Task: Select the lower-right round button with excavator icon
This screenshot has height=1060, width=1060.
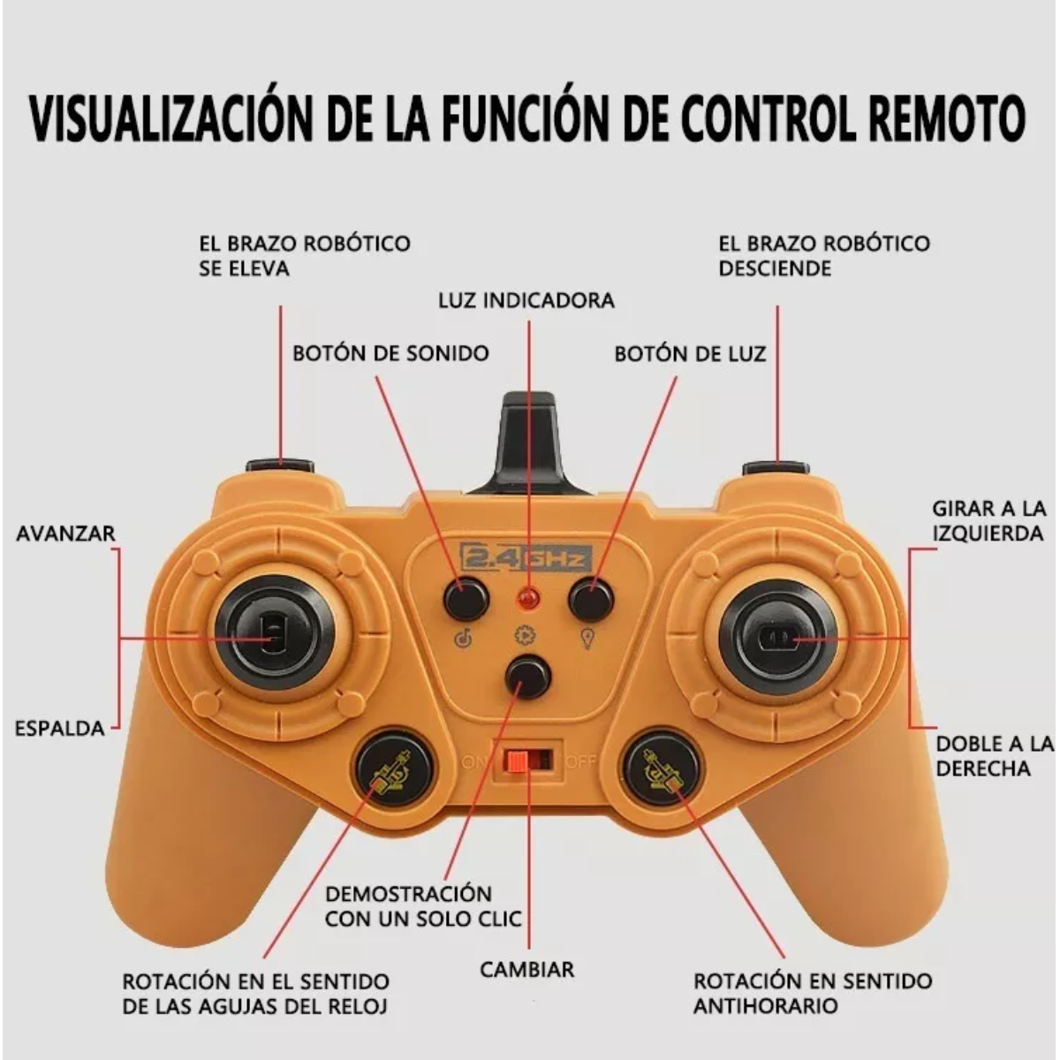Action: (x=662, y=768)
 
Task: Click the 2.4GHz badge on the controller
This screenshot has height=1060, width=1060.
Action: (x=526, y=558)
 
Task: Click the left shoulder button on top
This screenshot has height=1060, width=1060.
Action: (x=280, y=466)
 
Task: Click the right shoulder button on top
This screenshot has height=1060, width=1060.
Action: (x=776, y=467)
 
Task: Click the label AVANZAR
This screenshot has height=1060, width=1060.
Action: (x=66, y=534)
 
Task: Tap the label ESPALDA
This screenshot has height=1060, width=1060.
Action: (x=60, y=729)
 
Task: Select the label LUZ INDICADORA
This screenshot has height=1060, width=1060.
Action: (x=526, y=300)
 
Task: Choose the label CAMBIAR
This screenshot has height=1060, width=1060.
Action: (x=527, y=969)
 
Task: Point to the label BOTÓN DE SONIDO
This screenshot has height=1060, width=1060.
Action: (x=390, y=353)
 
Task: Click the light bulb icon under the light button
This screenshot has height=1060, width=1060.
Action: (x=587, y=638)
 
